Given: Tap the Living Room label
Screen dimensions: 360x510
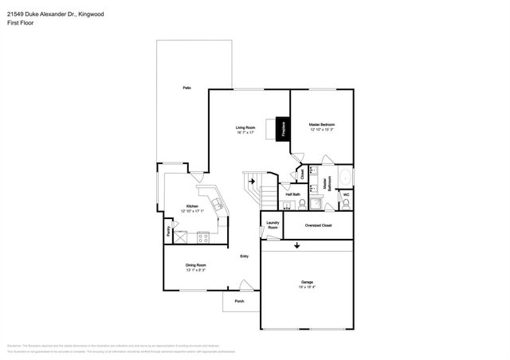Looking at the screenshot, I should [245, 130].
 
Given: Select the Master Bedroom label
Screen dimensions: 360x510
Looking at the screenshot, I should [322, 127].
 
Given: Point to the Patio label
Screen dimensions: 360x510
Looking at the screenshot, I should [186, 87].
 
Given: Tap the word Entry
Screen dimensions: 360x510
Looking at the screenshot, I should [245, 256].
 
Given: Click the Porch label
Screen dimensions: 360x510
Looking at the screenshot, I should [239, 302].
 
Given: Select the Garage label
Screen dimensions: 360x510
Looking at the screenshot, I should [307, 283].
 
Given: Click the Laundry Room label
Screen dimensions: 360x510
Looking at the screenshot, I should [273, 225].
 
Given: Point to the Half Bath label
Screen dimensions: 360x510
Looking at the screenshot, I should [292, 194].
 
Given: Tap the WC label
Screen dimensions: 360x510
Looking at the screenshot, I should [346, 194].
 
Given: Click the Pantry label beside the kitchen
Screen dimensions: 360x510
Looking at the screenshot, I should [168, 232].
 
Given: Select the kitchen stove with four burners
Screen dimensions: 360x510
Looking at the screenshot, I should [202, 237].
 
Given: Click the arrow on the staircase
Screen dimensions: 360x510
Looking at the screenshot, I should [252, 182].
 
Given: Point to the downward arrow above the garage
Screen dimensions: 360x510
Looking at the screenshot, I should [297, 245].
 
